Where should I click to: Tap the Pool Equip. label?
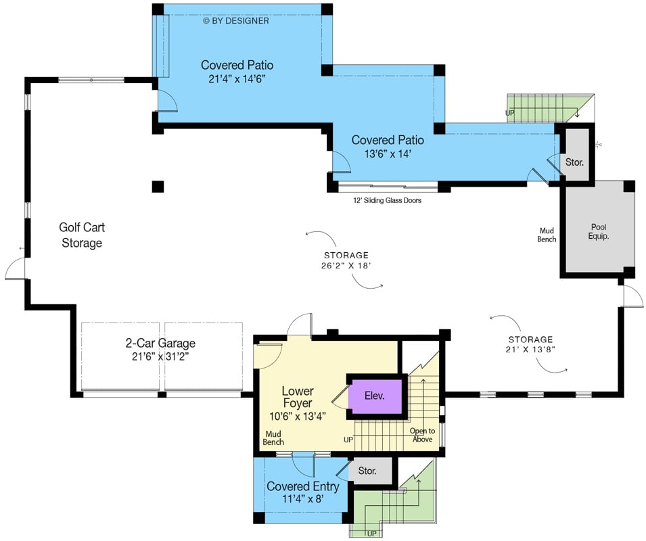coord(598,232)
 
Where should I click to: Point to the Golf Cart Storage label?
coord(82,235)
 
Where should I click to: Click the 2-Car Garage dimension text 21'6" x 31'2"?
coord(161,356)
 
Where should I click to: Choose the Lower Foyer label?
coord(298,398)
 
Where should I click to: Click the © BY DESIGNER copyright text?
coord(236,20)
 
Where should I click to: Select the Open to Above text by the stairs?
coord(422,436)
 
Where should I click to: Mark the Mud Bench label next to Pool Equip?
coord(547,235)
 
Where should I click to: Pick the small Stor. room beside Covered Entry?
coord(367,471)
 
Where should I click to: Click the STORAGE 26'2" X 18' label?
coord(346,260)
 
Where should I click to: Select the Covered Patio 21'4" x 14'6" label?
coord(237,72)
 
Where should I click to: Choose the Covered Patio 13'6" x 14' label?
coord(388,147)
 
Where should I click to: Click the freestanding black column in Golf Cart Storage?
coord(158,187)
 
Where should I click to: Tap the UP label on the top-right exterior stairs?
coord(511,113)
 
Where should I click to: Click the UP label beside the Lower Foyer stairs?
coord(348,440)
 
